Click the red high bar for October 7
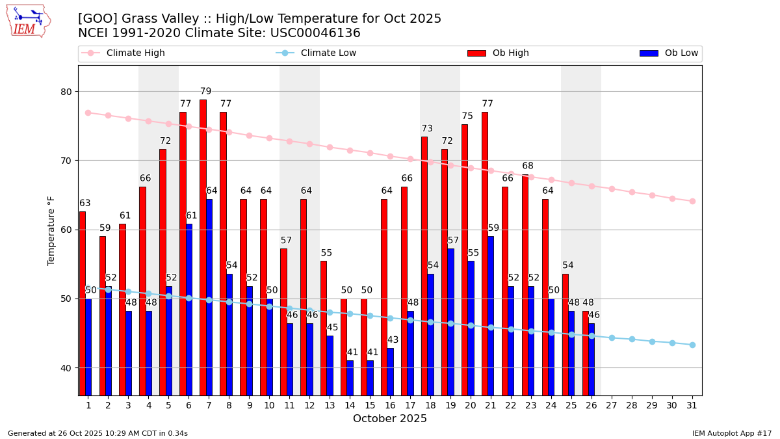203,247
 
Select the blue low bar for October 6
189,310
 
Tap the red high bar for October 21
485,254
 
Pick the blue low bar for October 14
350,378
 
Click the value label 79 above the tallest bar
205,92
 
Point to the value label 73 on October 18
427,129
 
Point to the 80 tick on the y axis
65,92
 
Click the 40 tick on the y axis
65,368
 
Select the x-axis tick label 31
692,405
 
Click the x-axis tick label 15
370,405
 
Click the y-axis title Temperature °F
51,231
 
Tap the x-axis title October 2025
390,419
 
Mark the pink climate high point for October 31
692,201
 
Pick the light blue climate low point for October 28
632,339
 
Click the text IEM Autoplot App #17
732,433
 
